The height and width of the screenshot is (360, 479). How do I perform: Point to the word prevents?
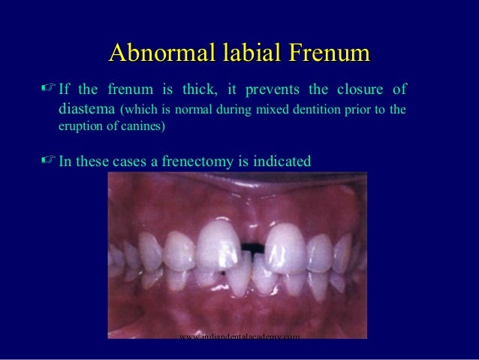tap(274, 90)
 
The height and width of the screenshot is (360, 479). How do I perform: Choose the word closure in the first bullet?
tap(362, 90)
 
